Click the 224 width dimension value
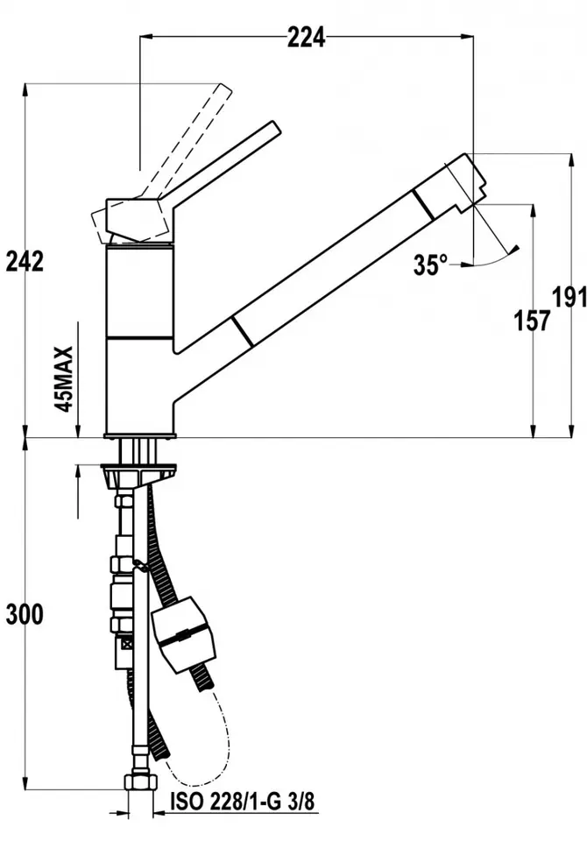pyautogui.click(x=307, y=38)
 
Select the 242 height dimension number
pyautogui.click(x=25, y=261)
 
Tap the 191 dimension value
pyautogui.click(x=569, y=297)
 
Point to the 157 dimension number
pyautogui.click(x=533, y=321)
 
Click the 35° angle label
pyautogui.click(x=430, y=265)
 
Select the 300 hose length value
pyautogui.click(x=25, y=614)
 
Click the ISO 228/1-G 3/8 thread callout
pyautogui.click(x=242, y=802)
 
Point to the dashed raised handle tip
pyautogui.click(x=226, y=89)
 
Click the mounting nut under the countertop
pyautogui.click(x=139, y=473)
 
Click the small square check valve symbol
pyautogui.click(x=127, y=644)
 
